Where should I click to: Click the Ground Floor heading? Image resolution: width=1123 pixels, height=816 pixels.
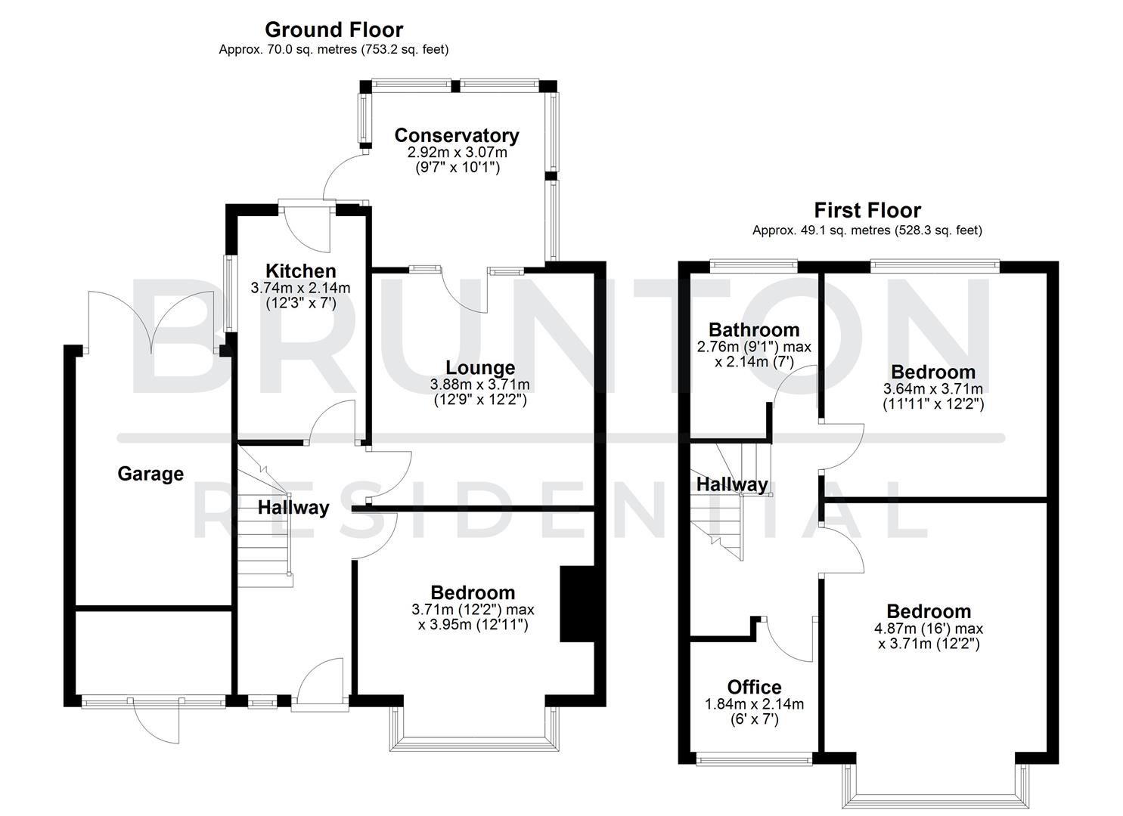coord(333,30)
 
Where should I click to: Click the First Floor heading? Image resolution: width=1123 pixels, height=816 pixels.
coord(867,210)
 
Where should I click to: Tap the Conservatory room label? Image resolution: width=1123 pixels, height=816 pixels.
coord(457,135)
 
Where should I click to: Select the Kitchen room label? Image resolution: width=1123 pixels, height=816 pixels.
coord(300,271)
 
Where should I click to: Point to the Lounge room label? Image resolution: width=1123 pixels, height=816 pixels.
coord(480,368)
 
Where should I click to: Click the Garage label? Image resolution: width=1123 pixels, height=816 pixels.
coord(150,474)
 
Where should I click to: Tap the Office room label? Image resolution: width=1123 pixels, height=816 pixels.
coord(754,687)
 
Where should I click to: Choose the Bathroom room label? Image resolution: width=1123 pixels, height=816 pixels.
coord(753,329)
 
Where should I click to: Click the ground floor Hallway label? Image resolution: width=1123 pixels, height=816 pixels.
coord(293,508)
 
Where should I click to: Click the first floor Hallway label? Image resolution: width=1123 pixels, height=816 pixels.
coord(731,484)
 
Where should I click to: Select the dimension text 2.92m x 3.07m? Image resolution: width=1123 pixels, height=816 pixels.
coord(457,152)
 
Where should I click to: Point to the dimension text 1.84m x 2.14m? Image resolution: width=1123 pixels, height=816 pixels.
coord(754,704)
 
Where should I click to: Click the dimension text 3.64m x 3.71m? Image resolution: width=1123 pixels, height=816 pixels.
coord(933,388)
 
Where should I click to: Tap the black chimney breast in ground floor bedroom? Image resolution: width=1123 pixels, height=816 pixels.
coord(577,604)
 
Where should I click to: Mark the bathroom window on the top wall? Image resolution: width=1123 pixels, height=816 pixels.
coord(754,265)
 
